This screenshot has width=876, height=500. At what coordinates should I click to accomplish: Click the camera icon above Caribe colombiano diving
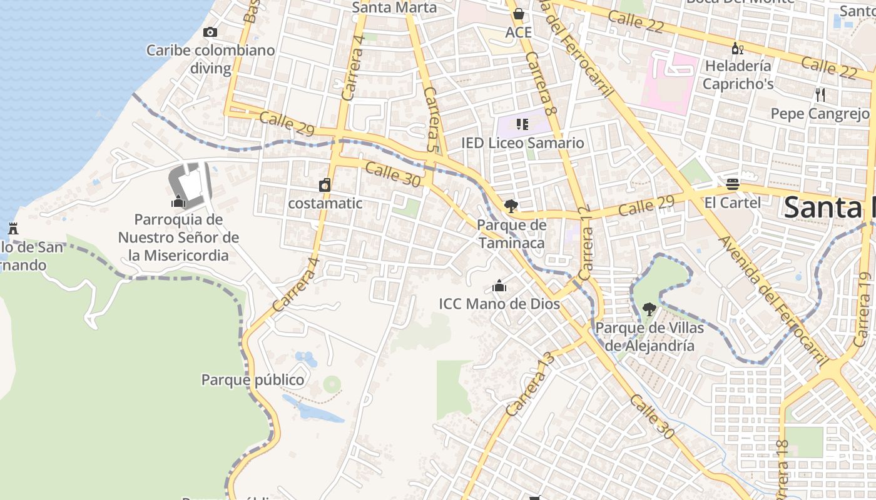click(x=210, y=32)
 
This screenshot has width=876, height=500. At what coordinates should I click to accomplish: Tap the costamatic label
click(x=325, y=203)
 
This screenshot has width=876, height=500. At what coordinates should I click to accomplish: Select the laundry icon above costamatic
click(x=325, y=185)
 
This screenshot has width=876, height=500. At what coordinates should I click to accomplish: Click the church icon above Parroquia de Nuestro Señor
click(x=178, y=201)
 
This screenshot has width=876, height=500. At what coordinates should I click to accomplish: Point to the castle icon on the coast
click(x=13, y=228)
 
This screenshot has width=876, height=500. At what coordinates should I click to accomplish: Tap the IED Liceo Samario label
click(x=522, y=143)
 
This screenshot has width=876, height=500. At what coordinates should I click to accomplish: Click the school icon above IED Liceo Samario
click(x=522, y=124)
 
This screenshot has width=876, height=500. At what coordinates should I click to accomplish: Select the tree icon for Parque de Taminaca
click(x=511, y=206)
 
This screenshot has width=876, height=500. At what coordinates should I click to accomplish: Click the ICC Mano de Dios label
click(x=499, y=304)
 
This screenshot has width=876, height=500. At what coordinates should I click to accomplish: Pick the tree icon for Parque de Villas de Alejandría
click(x=649, y=309)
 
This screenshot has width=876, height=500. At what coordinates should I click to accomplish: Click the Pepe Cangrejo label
click(x=820, y=114)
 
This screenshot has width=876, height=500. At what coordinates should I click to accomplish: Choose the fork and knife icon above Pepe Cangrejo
click(x=820, y=95)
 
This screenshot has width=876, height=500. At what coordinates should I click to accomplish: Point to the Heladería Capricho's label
click(x=738, y=74)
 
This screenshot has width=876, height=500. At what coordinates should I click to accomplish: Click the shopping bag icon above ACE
click(x=518, y=14)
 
